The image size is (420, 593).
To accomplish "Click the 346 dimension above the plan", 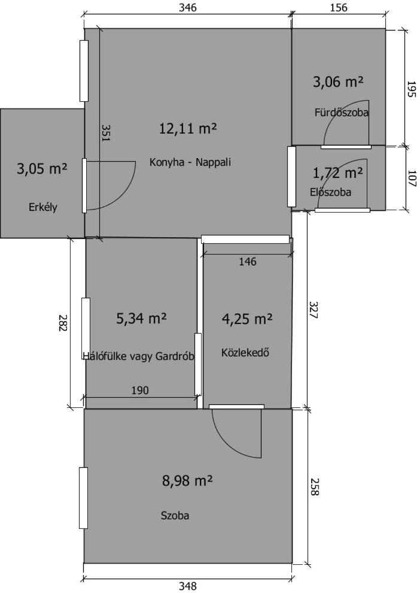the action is [x=188, y=7].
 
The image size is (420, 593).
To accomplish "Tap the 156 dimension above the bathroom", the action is [x=339, y=7].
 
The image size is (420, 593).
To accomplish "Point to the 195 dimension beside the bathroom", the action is [x=411, y=89].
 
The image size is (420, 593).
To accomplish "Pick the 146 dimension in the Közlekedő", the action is [x=247, y=261].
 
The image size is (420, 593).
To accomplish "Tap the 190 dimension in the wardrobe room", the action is [x=140, y=390].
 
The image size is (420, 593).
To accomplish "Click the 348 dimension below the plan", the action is [x=188, y=586].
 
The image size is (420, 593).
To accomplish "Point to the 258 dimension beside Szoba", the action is [x=314, y=486].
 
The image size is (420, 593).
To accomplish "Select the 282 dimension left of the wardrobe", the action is [x=62, y=323].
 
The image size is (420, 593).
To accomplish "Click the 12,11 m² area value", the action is [x=188, y=129].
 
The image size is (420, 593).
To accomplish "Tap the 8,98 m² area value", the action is [x=187, y=481].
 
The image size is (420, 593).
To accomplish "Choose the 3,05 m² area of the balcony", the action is [x=42, y=169].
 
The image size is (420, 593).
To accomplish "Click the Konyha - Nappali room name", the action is [x=190, y=162].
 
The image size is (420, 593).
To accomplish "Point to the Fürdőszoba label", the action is [x=342, y=113].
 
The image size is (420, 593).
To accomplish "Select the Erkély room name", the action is [x=43, y=207].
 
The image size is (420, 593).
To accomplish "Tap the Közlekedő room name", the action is [x=245, y=353].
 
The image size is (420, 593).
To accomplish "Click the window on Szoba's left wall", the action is [x=84, y=498].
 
